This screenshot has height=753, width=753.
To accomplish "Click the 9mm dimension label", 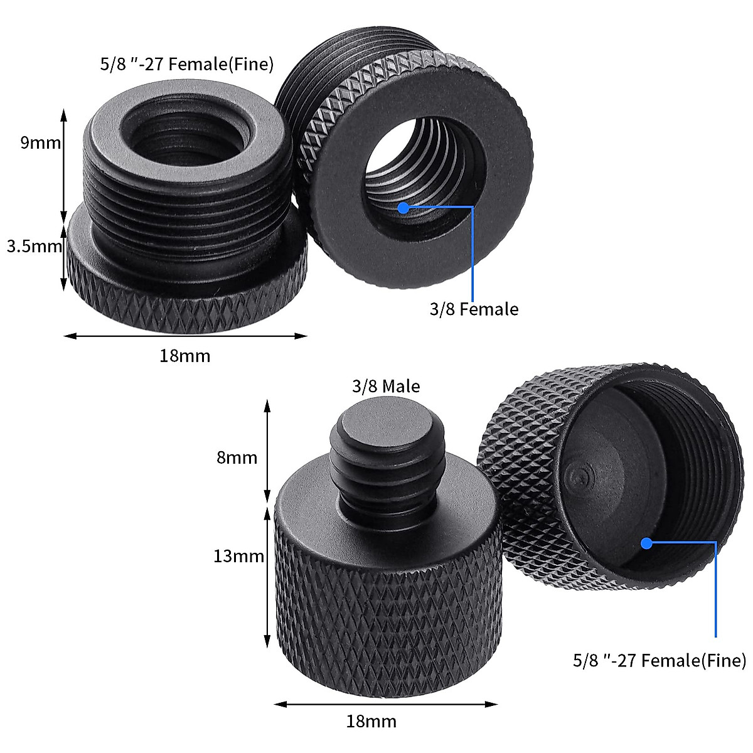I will click(41, 143).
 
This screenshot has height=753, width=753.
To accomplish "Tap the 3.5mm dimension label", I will click(35, 247).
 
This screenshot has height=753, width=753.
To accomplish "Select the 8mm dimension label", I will click(237, 458).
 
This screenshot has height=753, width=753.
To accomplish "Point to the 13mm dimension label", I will click(238, 556).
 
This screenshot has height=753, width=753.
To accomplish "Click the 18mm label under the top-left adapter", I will click(184, 356).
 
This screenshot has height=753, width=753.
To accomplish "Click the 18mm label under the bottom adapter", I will click(371, 722).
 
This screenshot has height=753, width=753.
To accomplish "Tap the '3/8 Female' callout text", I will click(474, 309).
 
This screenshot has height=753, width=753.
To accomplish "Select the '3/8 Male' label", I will click(386, 386).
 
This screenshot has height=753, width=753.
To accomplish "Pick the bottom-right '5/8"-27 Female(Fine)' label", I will click(659, 660).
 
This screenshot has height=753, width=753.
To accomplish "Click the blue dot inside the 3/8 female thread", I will click(403, 206).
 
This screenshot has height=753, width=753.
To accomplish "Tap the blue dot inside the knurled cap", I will click(646, 543).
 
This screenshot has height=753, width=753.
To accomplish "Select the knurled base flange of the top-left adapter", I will click(188, 295).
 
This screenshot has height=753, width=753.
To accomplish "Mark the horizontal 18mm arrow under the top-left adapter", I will click(185, 336).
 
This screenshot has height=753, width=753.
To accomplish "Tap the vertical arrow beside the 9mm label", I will click(63, 163).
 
